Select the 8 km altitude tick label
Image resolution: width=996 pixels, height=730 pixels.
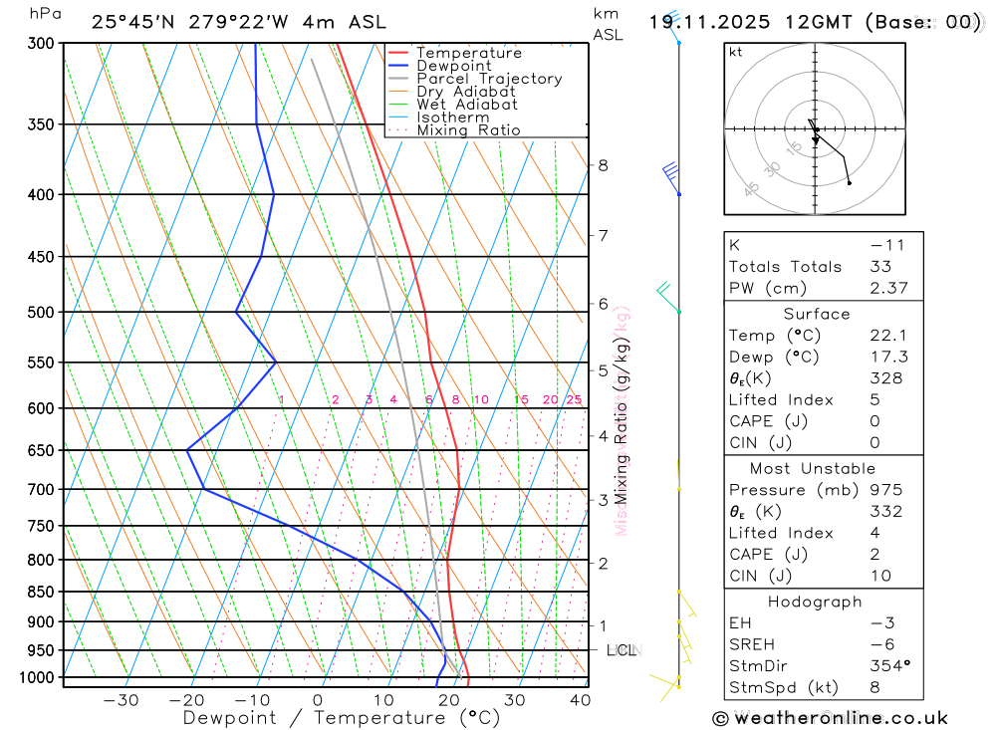tap(603, 165)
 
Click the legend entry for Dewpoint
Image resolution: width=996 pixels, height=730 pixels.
tap(453, 66)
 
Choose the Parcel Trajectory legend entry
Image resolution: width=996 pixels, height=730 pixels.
tap(488, 79)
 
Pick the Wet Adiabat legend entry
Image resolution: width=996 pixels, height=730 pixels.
tap(466, 105)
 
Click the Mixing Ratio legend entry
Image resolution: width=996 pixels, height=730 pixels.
tap(468, 130)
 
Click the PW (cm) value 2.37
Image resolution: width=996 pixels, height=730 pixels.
tap(880, 288)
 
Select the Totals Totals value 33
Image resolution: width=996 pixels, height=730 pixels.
tap(880, 267)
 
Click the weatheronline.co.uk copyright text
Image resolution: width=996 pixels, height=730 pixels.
tap(830, 717)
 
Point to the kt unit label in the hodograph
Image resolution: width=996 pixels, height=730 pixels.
tap(735, 53)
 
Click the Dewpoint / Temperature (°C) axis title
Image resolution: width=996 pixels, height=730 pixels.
tap(341, 717)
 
